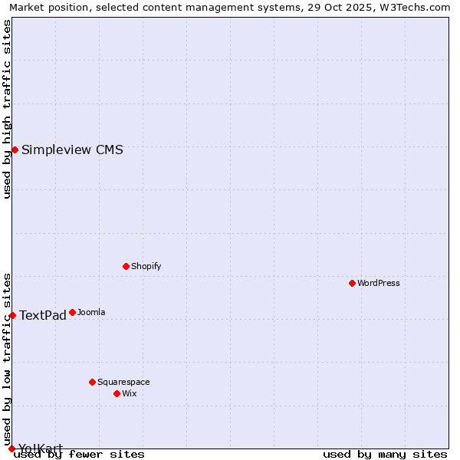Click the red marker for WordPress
click(352, 283)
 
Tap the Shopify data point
click(126, 266)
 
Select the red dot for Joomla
click(72, 312)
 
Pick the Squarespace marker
click(92, 382)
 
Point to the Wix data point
click(117, 393)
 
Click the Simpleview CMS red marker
click(15, 149)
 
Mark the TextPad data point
click(12, 315)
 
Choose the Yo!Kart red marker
click(11, 449)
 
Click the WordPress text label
click(379, 283)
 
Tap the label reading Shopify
click(146, 266)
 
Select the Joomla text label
click(91, 312)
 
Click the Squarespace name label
click(123, 382)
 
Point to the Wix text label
click(130, 393)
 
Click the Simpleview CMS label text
click(72, 149)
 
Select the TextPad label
click(43, 315)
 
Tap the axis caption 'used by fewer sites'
click(79, 454)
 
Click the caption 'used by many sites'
click(385, 454)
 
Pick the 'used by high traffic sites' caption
click(7, 109)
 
